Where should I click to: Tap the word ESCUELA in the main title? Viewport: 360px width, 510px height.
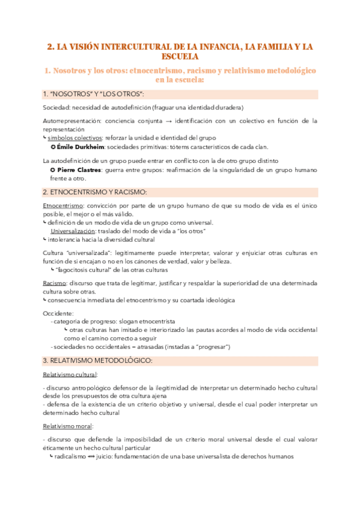click(180, 57)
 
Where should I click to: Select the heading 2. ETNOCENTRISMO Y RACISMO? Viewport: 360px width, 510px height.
click(95, 192)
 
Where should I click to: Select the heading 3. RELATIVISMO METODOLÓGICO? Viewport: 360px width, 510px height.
click(97, 360)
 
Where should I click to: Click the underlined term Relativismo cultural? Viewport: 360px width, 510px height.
click(70, 375)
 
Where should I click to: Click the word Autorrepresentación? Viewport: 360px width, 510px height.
click(70, 121)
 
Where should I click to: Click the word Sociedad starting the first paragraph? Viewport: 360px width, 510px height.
click(56, 108)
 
